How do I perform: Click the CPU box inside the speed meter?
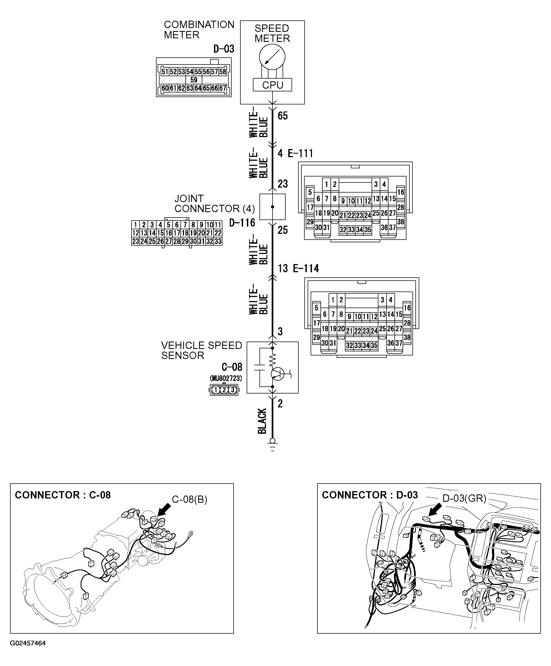coord(272,85)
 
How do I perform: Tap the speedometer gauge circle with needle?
coord(272,57)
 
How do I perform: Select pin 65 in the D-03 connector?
coord(206,88)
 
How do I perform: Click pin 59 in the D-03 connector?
coord(194,80)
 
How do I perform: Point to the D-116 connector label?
coord(242,223)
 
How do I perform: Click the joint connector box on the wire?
coord(272,207)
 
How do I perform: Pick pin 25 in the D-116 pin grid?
coord(152,241)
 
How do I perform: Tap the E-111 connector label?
coord(300,153)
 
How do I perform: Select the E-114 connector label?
coord(306,268)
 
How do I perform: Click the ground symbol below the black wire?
coord(272,444)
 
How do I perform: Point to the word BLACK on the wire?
coord(262,421)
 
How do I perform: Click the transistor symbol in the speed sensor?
coord(277,374)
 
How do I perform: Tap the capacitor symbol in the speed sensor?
coord(260,367)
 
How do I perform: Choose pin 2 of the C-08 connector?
coord(224,390)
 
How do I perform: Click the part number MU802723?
coord(226,378)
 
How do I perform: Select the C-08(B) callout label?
coord(189,500)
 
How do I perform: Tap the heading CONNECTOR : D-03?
coord(369,495)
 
